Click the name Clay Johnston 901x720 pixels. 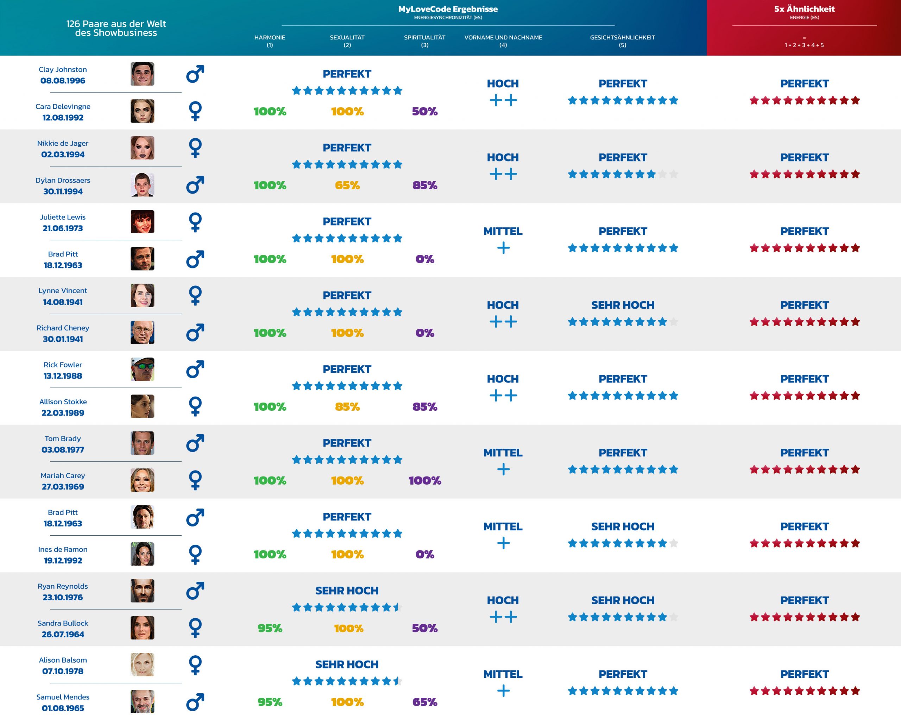[x=63, y=69]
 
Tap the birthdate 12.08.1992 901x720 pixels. [x=63, y=118]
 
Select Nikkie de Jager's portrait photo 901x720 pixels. [x=142, y=147]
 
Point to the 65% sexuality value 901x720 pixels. [x=347, y=185]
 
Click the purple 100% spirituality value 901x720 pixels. [x=424, y=481]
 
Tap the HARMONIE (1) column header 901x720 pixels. [x=270, y=41]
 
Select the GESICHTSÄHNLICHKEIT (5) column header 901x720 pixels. [x=622, y=41]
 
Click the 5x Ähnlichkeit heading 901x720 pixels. [x=804, y=9]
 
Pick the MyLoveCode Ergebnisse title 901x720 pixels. [x=448, y=9]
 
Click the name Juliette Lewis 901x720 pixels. [x=63, y=217]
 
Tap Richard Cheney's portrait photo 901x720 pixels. [x=142, y=332]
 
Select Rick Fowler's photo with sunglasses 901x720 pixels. [x=142, y=369]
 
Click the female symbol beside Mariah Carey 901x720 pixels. [x=195, y=480]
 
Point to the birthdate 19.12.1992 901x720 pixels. [x=63, y=560]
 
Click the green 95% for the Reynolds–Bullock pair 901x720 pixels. [x=270, y=628]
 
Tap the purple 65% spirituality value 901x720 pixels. [x=424, y=702]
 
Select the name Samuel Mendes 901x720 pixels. [x=63, y=697]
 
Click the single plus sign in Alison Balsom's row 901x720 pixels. [x=503, y=691]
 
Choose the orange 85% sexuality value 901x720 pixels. [x=347, y=406]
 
